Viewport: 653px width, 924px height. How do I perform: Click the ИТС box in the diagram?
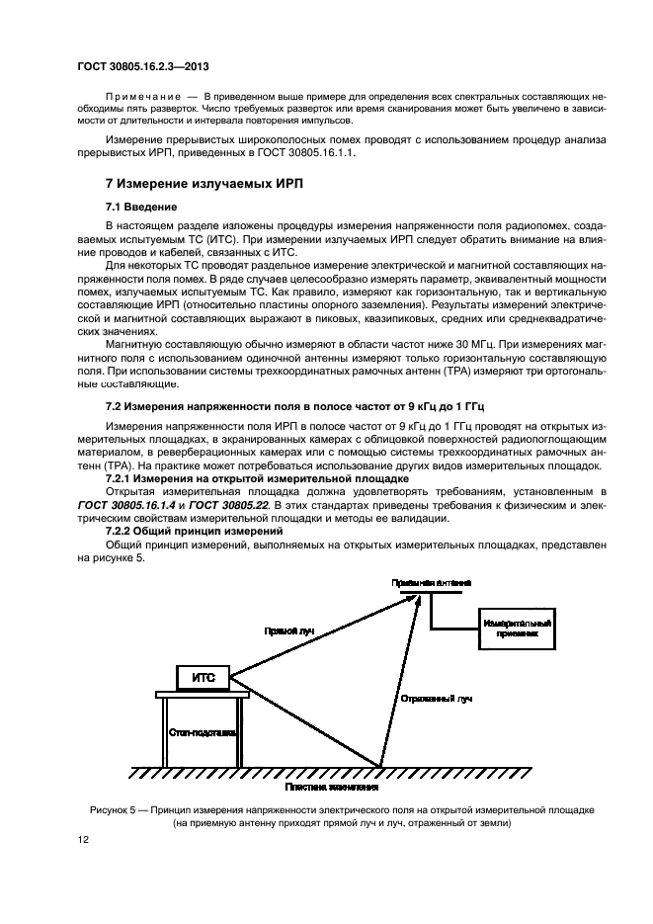pos(203,677)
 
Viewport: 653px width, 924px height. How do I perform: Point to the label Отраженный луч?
pos(436,698)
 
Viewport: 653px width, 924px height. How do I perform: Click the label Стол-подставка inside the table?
pos(202,734)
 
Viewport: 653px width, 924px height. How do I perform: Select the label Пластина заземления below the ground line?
pos(332,787)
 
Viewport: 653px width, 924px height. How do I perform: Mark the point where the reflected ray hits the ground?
pos(381,766)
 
